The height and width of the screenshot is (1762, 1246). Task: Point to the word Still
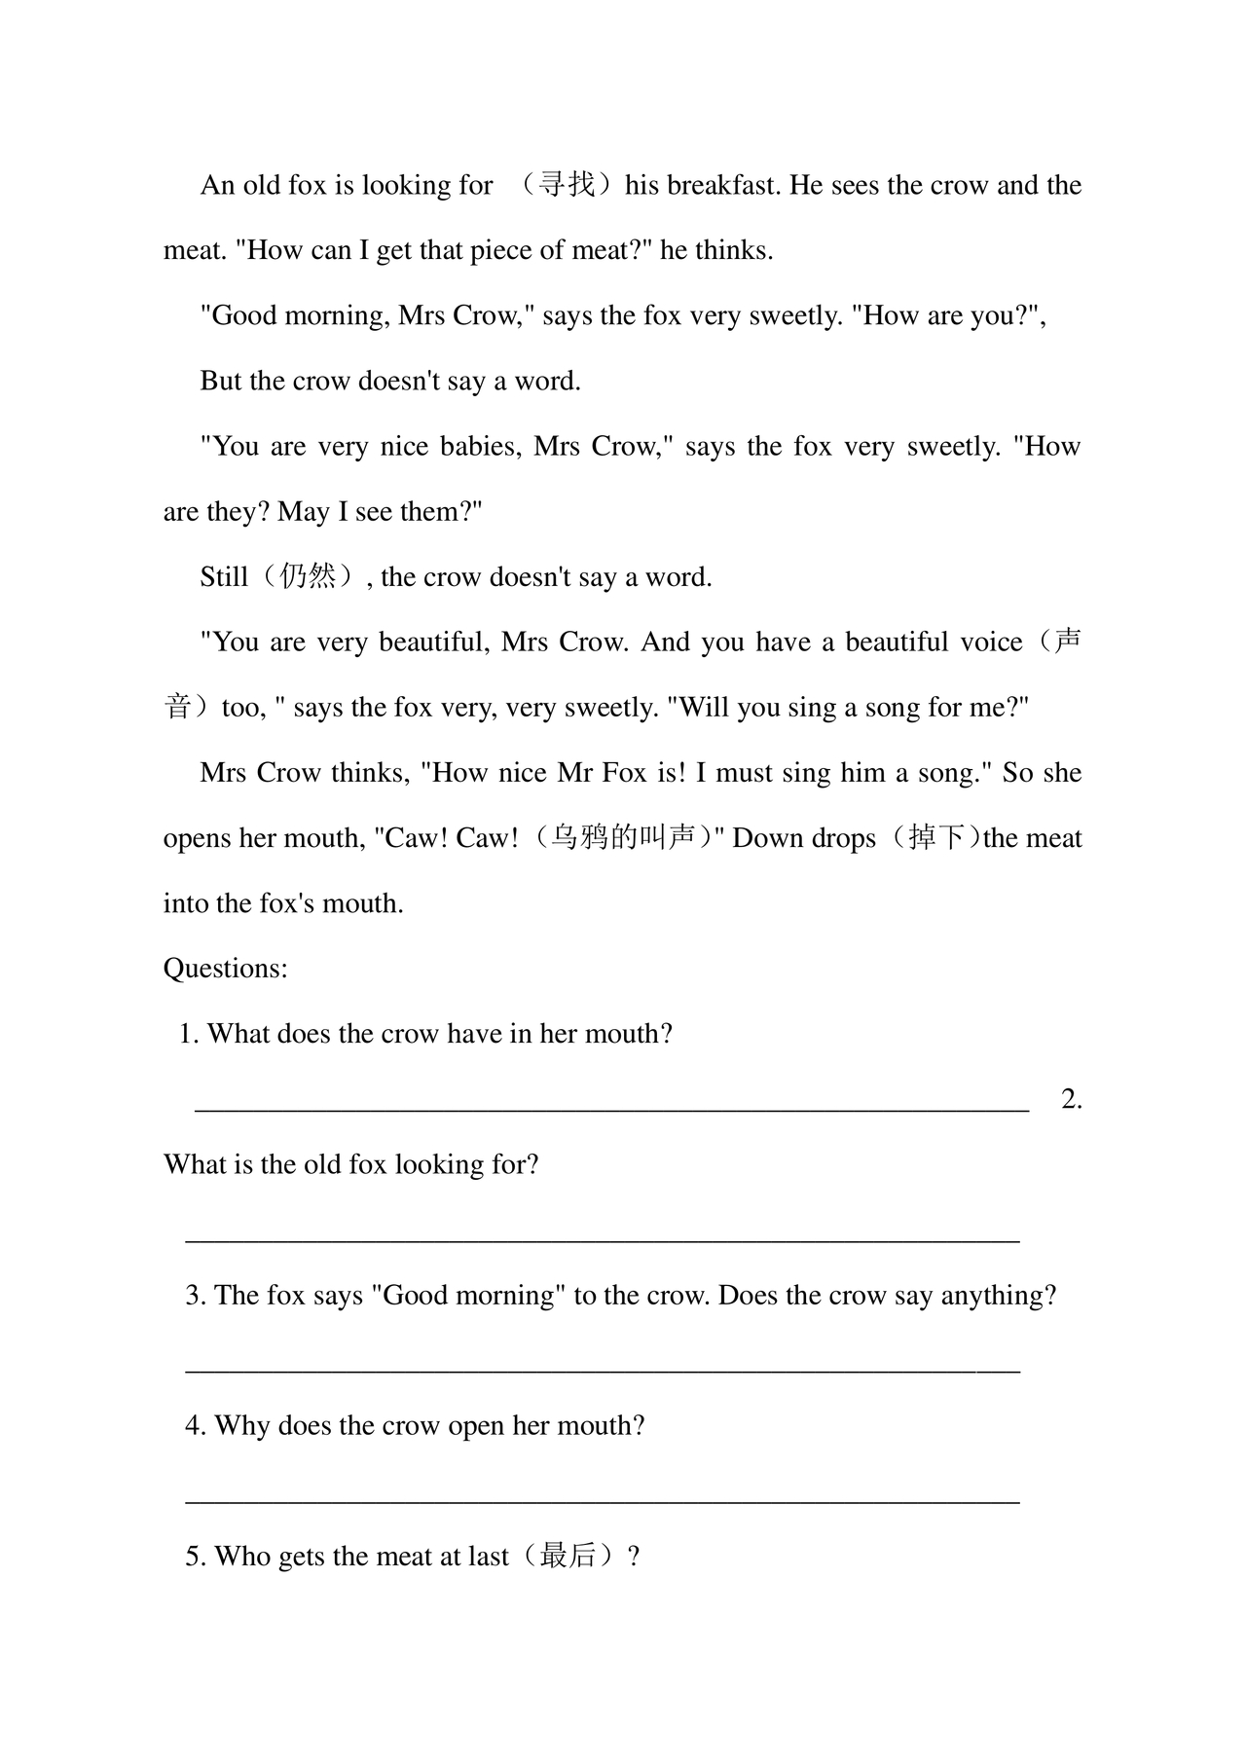[224, 576]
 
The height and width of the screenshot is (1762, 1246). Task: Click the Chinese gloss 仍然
[308, 576]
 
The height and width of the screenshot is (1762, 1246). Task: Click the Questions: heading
[226, 969]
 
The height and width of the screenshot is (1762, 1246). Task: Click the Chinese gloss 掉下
[936, 838]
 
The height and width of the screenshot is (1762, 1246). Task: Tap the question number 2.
[1072, 1099]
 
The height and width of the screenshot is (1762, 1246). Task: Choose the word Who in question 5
[243, 1556]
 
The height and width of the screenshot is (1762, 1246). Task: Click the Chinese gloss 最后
[568, 1556]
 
